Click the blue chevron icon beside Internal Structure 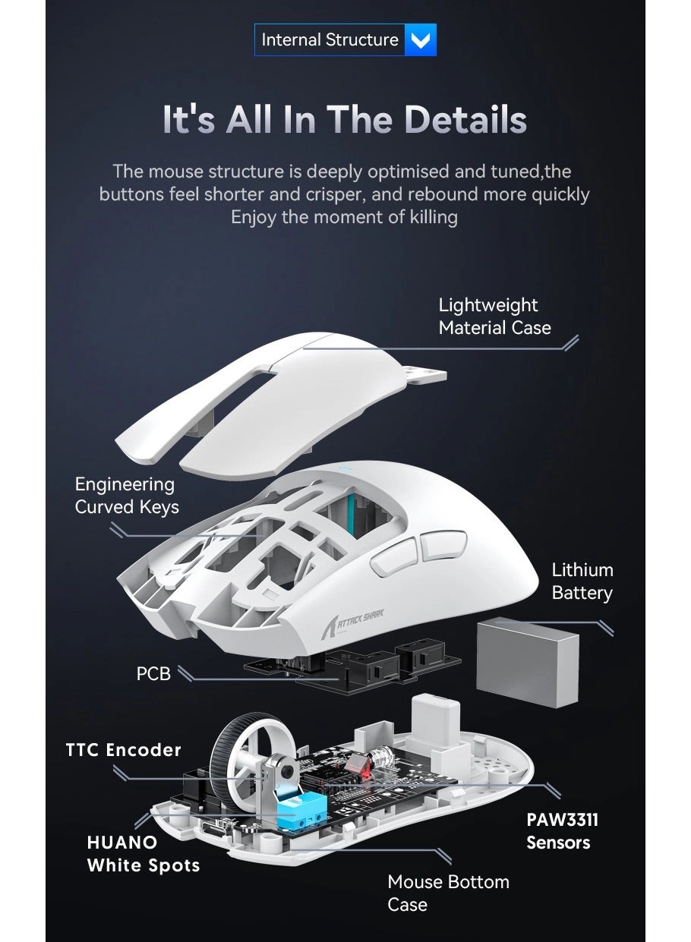(x=421, y=40)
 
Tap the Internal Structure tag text (x=330, y=40)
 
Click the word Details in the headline (x=465, y=121)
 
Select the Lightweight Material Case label (x=494, y=317)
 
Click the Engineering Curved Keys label (x=126, y=496)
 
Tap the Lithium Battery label (x=582, y=581)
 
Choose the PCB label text (x=153, y=673)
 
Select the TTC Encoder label (x=123, y=750)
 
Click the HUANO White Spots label (x=143, y=854)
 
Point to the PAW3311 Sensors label (x=562, y=831)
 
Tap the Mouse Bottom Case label (x=448, y=893)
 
